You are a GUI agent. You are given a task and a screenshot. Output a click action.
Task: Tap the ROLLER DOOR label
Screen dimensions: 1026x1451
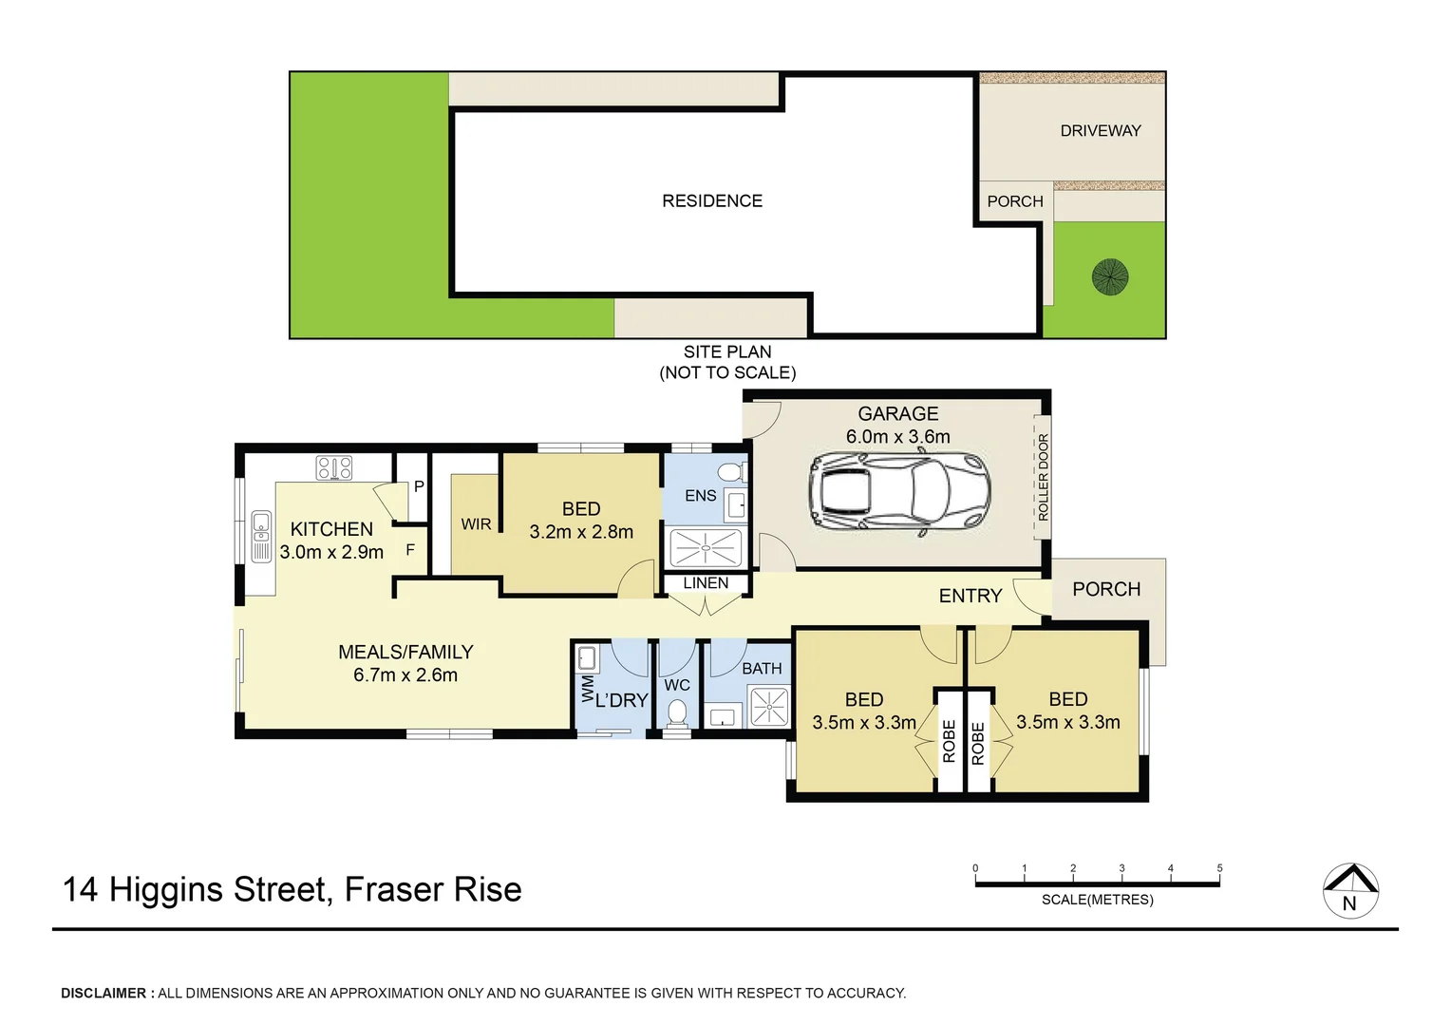click(x=1043, y=477)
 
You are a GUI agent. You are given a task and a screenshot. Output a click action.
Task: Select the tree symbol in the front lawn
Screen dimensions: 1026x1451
click(x=1110, y=277)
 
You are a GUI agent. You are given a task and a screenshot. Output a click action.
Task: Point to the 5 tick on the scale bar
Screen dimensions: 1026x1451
click(x=1219, y=868)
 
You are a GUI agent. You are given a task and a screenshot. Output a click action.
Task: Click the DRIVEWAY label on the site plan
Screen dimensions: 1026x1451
click(x=1100, y=131)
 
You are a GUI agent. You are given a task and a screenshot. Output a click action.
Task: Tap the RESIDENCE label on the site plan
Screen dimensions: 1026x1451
click(x=712, y=201)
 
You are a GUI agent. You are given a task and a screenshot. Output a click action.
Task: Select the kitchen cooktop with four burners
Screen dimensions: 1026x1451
click(x=334, y=467)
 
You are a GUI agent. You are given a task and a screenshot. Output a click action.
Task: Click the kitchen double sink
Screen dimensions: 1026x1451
click(x=261, y=537)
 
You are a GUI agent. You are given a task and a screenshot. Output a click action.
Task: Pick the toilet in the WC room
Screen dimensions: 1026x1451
click(x=677, y=712)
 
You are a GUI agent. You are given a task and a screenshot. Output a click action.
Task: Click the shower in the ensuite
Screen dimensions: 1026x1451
click(x=706, y=548)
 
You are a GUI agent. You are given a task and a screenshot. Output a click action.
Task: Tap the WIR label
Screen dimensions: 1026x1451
click(x=476, y=524)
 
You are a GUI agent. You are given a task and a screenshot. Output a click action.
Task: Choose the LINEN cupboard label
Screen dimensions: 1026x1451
click(x=706, y=583)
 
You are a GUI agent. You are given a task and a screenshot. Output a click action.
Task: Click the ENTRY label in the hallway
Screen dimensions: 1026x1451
click(x=970, y=596)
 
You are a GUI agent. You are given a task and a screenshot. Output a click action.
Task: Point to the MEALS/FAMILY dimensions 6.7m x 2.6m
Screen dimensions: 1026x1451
click(x=405, y=675)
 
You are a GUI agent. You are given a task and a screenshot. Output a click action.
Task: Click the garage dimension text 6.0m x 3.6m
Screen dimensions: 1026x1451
click(x=897, y=437)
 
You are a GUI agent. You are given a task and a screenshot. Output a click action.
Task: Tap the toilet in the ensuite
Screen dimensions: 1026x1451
click(x=730, y=472)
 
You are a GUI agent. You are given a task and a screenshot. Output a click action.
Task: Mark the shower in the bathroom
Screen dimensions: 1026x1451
click(x=768, y=707)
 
